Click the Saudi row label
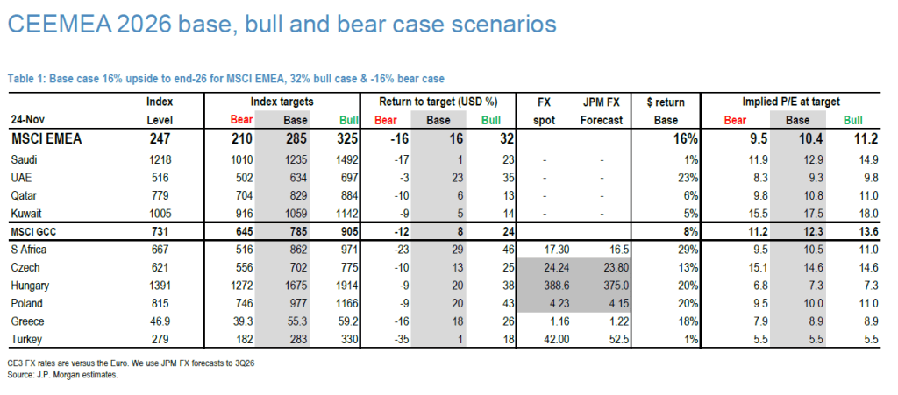tap(25, 159)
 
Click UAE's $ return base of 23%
tap(686, 177)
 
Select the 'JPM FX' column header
tap(602, 102)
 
